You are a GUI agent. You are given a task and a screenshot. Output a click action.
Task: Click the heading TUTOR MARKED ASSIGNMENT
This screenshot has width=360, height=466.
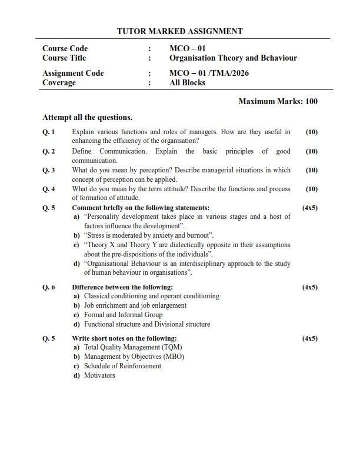coord(180,31)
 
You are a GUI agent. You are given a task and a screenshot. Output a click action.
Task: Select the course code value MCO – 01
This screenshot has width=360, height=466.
coord(187,48)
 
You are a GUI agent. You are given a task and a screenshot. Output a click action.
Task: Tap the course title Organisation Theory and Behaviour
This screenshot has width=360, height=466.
coord(233,58)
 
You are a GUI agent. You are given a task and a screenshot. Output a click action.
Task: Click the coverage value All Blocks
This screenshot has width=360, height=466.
coord(187,83)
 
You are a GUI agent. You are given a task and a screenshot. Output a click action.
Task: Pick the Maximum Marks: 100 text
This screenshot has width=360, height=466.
coord(278,101)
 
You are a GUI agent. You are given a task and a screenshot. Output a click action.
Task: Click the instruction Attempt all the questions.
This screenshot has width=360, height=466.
coord(88,116)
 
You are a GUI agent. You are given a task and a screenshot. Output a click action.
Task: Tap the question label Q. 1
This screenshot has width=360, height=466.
coord(49,132)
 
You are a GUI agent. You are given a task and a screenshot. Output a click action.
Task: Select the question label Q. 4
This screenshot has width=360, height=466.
coord(49,189)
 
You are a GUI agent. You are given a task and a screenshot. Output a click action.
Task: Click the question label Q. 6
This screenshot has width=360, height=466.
coord(49,287)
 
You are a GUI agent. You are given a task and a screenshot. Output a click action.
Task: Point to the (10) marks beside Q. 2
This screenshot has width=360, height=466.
coord(312,151)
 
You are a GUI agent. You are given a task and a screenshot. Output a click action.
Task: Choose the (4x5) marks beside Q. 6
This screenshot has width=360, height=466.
coord(309,287)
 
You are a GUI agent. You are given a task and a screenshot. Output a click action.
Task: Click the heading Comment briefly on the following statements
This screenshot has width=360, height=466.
coord(140,208)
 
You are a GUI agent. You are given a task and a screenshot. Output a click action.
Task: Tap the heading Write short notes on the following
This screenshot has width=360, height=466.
coord(124,338)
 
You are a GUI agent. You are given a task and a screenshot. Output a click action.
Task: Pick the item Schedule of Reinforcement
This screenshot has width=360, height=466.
coord(122,366)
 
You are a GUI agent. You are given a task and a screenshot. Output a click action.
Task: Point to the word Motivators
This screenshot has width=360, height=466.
coord(100,375)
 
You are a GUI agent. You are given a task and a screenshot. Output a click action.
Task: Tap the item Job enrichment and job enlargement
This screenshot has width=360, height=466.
coord(135,305)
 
